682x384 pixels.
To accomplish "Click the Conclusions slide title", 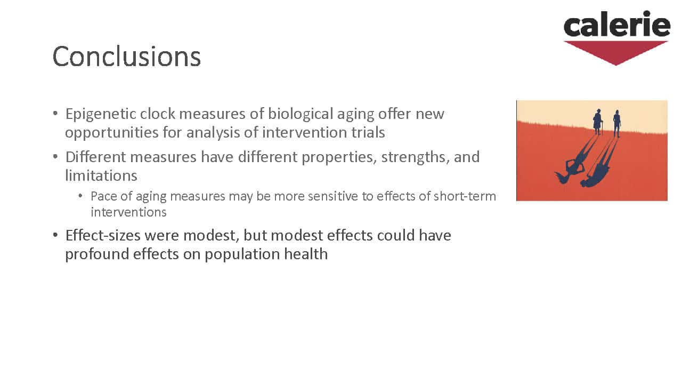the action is click(x=127, y=57).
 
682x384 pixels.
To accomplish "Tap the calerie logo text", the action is click(x=617, y=24).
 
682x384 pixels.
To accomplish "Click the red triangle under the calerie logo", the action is click(x=615, y=53).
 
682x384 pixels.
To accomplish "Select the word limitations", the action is click(x=101, y=176).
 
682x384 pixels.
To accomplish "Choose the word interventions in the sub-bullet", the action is click(x=128, y=212).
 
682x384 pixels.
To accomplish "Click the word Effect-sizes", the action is click(x=103, y=235).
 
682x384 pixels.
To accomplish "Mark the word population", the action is click(x=242, y=254).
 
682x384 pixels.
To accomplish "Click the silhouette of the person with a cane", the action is click(x=598, y=122).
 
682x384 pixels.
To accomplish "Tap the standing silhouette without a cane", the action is click(x=617, y=123).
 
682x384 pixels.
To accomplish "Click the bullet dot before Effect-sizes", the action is click(x=55, y=235).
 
